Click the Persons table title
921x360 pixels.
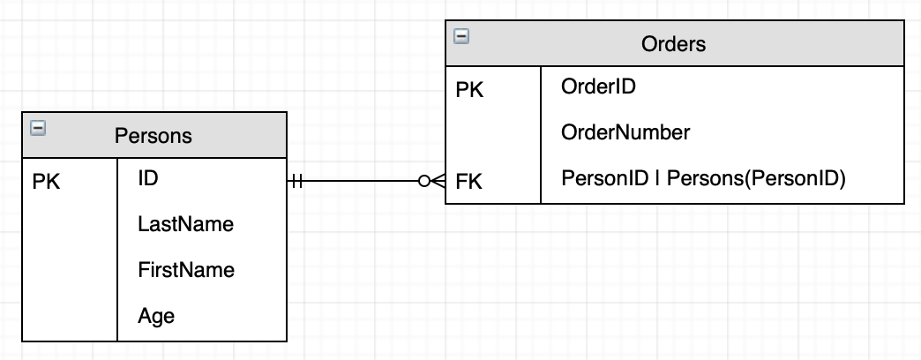[153, 136]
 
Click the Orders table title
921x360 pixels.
[674, 44]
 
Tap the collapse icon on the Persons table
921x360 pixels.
[37, 129]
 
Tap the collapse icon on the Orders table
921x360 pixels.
[460, 36]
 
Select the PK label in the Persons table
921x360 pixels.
[47, 183]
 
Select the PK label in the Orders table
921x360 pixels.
[470, 90]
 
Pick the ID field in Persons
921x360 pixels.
[148, 178]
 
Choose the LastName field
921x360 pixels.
[185, 224]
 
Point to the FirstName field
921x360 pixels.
[186, 270]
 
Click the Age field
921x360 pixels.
[156, 316]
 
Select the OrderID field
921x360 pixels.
[598, 86]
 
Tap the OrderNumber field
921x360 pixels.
[625, 132]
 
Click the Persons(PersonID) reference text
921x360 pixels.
[756, 179]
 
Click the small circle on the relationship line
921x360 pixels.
[425, 182]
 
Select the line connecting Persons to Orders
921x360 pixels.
[362, 182]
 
